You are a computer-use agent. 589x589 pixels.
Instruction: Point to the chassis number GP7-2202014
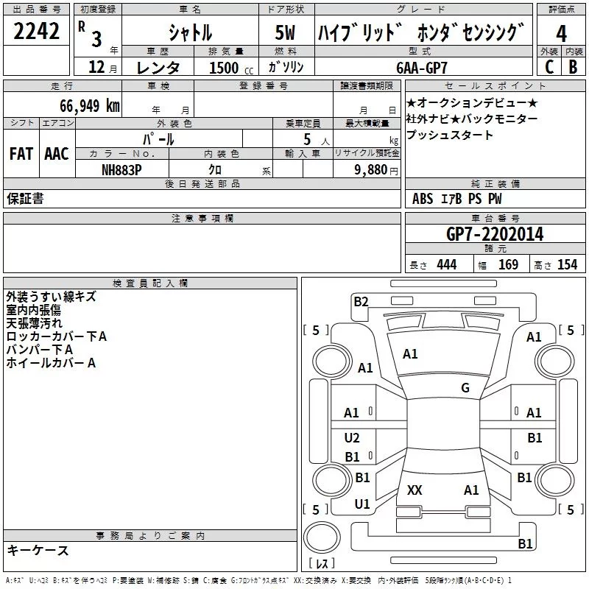coord(495,235)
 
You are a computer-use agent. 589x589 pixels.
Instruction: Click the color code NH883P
coord(122,169)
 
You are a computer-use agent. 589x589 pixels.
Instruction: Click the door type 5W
coord(286,33)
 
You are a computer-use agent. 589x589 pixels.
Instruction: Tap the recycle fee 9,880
coord(376,169)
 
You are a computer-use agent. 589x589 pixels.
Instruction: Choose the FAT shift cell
coord(21,154)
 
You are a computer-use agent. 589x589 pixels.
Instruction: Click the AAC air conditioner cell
coord(56,154)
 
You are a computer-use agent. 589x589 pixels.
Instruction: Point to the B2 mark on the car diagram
coord(361,300)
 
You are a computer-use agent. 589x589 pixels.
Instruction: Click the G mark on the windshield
coord(465,388)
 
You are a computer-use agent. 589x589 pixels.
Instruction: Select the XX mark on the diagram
coord(415,490)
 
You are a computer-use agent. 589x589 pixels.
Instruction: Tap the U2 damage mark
coord(352,438)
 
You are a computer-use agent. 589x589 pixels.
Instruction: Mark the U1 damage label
coord(361,504)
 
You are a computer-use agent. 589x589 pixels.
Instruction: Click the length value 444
coord(446,265)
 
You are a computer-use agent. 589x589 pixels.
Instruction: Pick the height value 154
coord(567,265)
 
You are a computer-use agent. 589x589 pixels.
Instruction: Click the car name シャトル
coord(190,33)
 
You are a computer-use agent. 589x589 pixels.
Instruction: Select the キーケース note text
coord(38,551)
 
